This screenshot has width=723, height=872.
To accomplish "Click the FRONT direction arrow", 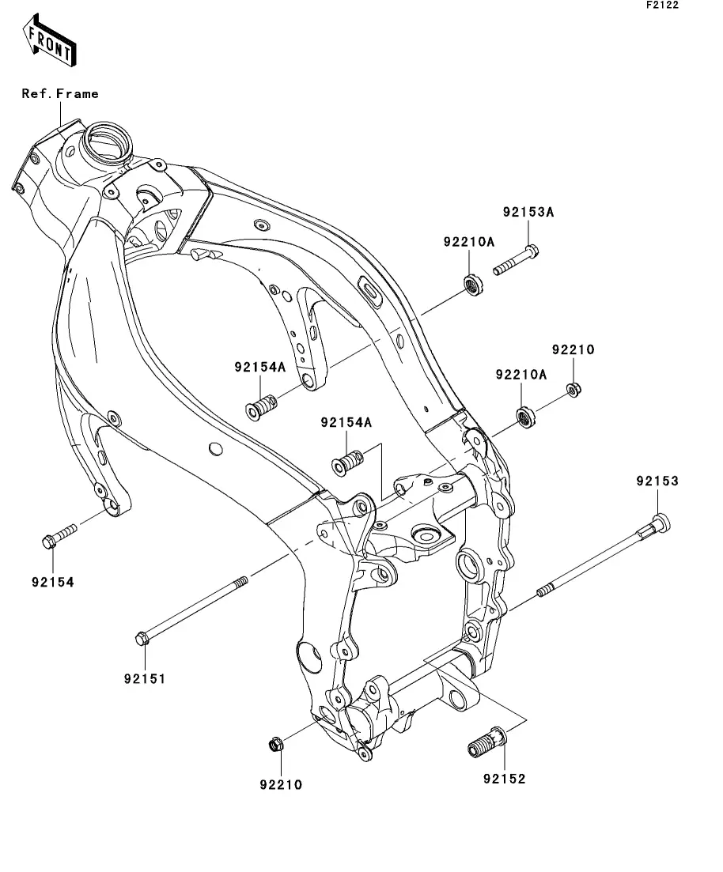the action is [x=49, y=41].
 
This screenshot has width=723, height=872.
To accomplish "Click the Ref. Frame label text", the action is [x=60, y=93].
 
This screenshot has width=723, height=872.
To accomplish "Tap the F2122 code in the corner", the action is [x=662, y=5].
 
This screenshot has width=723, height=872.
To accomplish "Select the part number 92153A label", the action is [x=528, y=212].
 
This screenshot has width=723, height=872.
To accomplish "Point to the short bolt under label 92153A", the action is [x=516, y=260].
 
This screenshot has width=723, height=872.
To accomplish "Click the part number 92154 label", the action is [x=53, y=583].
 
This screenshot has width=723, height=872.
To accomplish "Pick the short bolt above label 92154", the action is [x=59, y=535].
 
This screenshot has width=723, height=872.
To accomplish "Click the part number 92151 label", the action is [x=145, y=678].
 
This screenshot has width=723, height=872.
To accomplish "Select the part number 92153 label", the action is [x=658, y=481].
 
